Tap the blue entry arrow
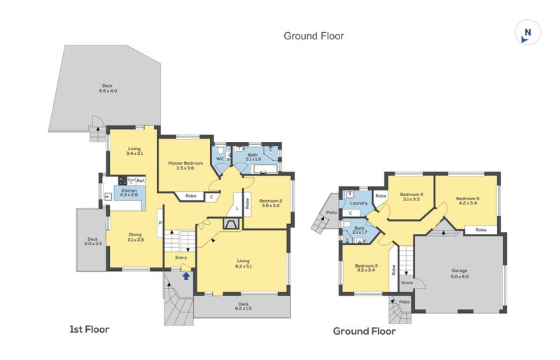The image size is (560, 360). click(186, 275)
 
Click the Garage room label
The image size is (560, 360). click(460, 273)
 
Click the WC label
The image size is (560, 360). click(220, 159)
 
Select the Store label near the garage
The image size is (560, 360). click(407, 283)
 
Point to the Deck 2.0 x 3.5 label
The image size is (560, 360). click(93, 240)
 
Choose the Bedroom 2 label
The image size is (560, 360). click(270, 202)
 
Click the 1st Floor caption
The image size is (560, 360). click(89, 328)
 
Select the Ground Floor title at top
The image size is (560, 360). click(314, 36)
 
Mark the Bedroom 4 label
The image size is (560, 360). click(412, 197)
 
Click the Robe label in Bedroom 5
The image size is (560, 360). click(480, 230)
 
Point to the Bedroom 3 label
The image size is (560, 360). click(366, 268)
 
